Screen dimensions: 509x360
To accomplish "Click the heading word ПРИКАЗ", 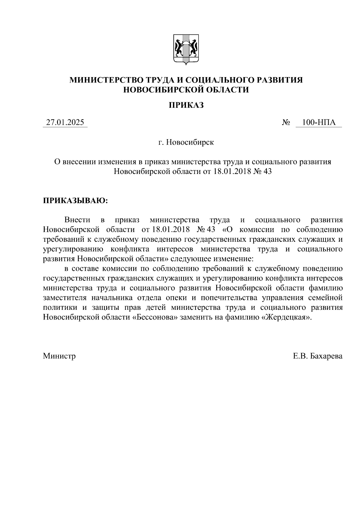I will (x=186, y=105).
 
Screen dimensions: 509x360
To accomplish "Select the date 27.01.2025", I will (x=65, y=123).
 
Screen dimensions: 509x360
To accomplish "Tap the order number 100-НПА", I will (x=319, y=123).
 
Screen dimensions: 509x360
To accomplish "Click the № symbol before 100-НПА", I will (x=286, y=123).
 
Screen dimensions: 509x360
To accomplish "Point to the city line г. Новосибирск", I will (x=186, y=142).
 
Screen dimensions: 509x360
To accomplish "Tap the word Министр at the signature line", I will (x=59, y=356).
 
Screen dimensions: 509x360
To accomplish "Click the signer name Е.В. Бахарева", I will (x=318, y=356).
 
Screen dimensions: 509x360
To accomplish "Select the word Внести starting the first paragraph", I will (x=77, y=220).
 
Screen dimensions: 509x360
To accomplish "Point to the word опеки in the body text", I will (x=178, y=298).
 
